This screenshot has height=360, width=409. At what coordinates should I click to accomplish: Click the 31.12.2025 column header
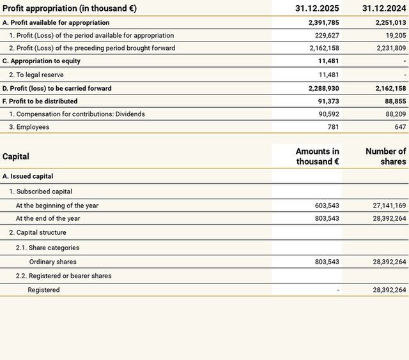point(317,9)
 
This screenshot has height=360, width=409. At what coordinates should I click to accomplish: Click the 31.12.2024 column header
point(383,9)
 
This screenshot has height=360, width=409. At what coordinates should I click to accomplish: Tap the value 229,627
point(326,35)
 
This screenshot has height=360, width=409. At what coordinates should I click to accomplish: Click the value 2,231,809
point(387,48)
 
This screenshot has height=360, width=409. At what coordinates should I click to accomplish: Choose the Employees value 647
point(400,127)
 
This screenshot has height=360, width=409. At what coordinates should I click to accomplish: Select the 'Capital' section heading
point(16,156)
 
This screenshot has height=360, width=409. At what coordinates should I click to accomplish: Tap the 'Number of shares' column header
point(385,156)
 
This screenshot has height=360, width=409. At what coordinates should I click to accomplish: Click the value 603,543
point(327,206)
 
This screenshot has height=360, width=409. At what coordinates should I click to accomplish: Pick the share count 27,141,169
point(382,206)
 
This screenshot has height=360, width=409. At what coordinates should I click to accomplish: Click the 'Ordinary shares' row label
point(52,262)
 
